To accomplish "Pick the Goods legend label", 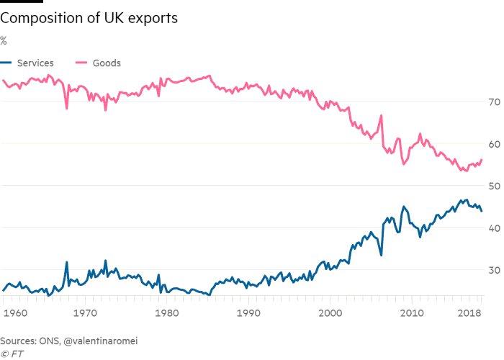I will [x=107, y=63].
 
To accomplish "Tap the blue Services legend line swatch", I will [x=6, y=63].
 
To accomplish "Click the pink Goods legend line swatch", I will [x=82, y=63].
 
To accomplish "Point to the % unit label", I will [x=4, y=40].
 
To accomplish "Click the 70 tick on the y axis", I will [x=493, y=102].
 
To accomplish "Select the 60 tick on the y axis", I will [x=493, y=144].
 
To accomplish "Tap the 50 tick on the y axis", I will [x=493, y=186].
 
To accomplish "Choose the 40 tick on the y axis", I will [x=493, y=228].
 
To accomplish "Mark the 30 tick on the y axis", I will [x=493, y=270].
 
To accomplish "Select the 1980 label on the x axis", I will [x=167, y=314].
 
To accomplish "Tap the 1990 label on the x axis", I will [x=248, y=314].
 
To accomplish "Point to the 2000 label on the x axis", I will [x=330, y=314].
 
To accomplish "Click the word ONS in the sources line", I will [x=53, y=341].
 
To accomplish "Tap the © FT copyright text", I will [x=12, y=354].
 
